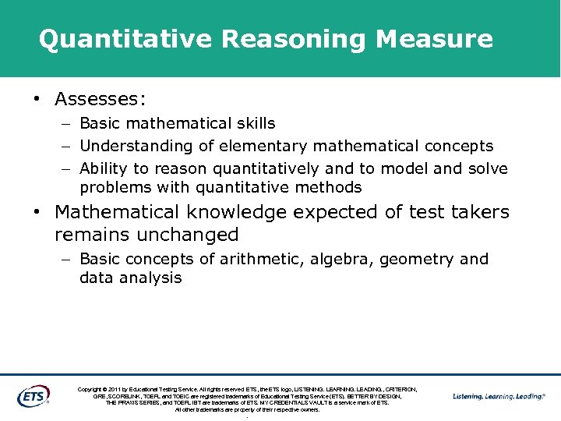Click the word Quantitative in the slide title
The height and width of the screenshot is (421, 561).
pyautogui.click(x=126, y=39)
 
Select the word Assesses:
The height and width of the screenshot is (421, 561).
pyautogui.click(x=101, y=99)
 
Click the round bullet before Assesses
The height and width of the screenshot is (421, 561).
pyautogui.click(x=36, y=100)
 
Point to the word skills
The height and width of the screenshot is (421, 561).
pyautogui.click(x=252, y=123)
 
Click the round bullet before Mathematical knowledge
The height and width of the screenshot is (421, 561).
pyautogui.click(x=36, y=212)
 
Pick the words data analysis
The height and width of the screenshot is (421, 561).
pyautogui.click(x=130, y=278)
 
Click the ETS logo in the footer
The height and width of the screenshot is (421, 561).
pyautogui.click(x=33, y=396)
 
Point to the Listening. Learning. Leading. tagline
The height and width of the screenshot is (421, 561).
pyautogui.click(x=499, y=396)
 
